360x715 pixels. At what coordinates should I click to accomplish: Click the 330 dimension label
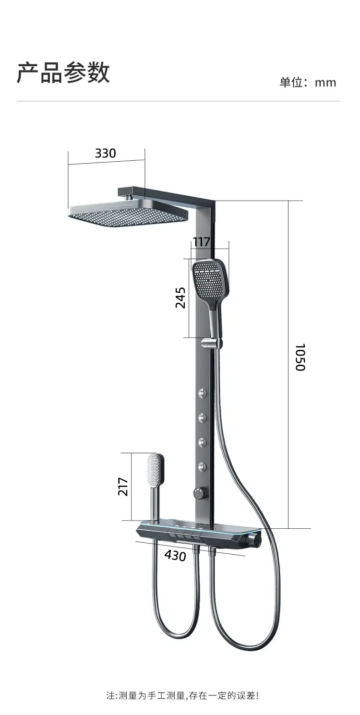pyautogui.click(x=105, y=153)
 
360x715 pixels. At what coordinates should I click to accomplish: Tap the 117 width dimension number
pyautogui.click(x=202, y=242)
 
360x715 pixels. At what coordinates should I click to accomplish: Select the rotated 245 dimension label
pyautogui.click(x=180, y=298)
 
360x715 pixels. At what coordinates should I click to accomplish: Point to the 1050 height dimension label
pyautogui.click(x=300, y=357)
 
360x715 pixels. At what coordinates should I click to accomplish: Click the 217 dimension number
pyautogui.click(x=123, y=487)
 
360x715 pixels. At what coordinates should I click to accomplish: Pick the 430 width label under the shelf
pyautogui.click(x=175, y=556)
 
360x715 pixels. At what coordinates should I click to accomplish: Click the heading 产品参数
pyautogui.click(x=63, y=73)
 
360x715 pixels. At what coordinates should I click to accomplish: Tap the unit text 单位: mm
pyautogui.click(x=308, y=83)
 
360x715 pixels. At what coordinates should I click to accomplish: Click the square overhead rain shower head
pyautogui.click(x=128, y=211)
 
